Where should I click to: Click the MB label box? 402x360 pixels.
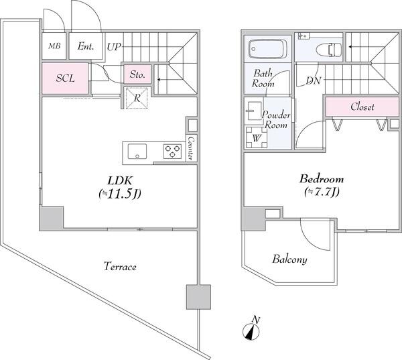point(54,46)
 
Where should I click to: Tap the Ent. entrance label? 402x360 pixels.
point(86,46)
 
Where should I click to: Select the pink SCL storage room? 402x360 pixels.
point(65,78)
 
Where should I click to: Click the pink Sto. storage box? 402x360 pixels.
point(137,74)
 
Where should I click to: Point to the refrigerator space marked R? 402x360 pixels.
point(137,98)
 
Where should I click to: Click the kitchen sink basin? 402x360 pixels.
point(137,152)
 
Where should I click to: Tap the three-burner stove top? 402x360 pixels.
point(173,151)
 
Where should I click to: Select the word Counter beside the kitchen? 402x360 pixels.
point(191,148)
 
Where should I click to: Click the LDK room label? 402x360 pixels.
point(120,188)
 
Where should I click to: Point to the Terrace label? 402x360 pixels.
point(120,267)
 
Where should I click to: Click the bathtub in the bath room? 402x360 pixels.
point(267,49)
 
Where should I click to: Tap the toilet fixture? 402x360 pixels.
point(329,49)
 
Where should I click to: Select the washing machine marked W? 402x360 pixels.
point(257,137)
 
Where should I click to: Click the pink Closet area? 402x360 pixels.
point(362,107)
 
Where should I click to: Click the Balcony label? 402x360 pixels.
point(289,259)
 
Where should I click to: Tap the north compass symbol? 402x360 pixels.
point(251,329)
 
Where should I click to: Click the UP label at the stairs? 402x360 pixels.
point(114,47)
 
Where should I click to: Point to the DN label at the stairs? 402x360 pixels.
point(314,81)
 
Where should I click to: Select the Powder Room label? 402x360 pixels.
point(276,120)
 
